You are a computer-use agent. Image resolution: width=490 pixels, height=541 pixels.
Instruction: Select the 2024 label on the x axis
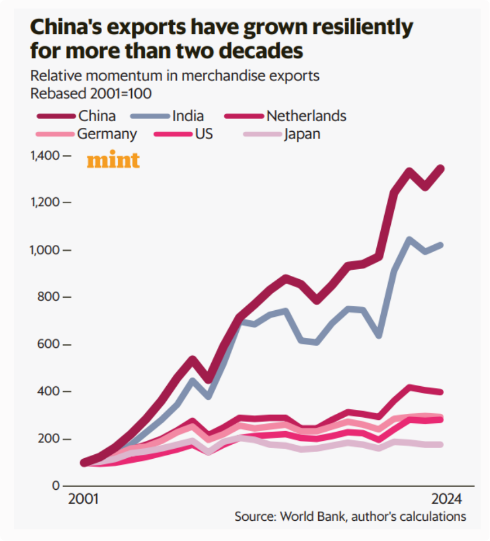pyautogui.click(x=447, y=500)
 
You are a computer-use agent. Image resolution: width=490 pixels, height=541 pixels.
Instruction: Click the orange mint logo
pyautogui.click(x=113, y=161)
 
